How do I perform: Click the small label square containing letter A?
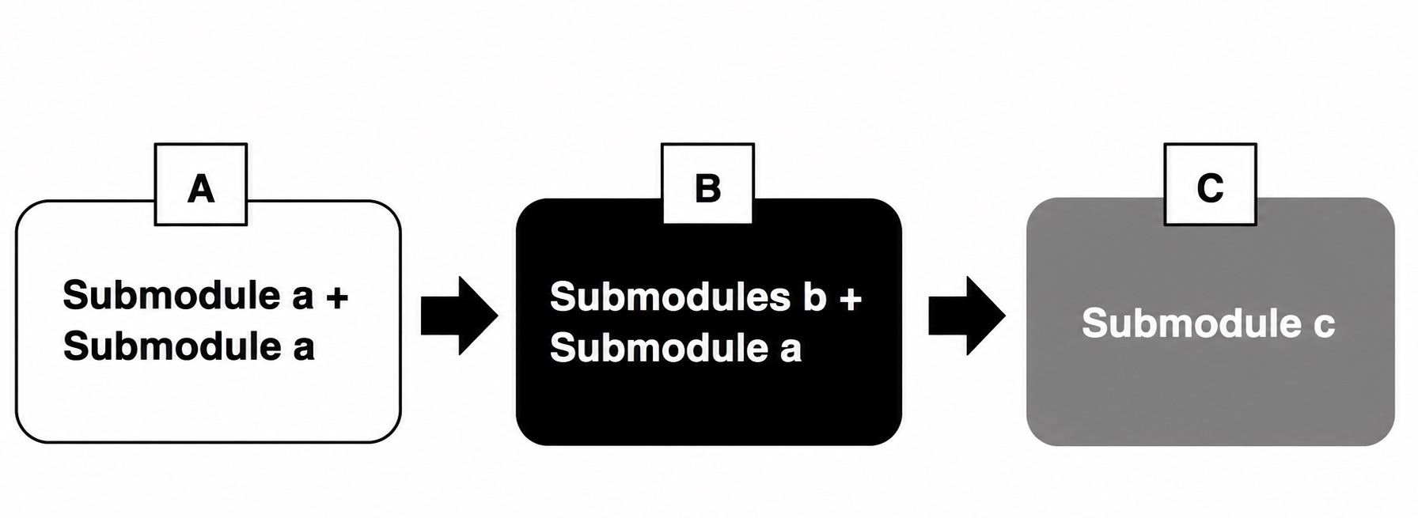(x=201, y=184)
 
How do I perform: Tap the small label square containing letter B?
(x=707, y=183)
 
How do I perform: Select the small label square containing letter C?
(x=1210, y=184)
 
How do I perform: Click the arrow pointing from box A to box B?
(x=459, y=316)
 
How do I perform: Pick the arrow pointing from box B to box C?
(x=966, y=316)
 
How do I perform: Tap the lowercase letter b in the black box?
(x=814, y=297)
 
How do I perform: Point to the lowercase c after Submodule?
(x=1324, y=327)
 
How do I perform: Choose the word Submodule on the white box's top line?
(x=172, y=295)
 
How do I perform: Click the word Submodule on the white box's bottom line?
(x=172, y=346)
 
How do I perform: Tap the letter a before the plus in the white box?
(x=304, y=299)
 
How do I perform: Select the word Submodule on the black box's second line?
(x=659, y=348)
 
